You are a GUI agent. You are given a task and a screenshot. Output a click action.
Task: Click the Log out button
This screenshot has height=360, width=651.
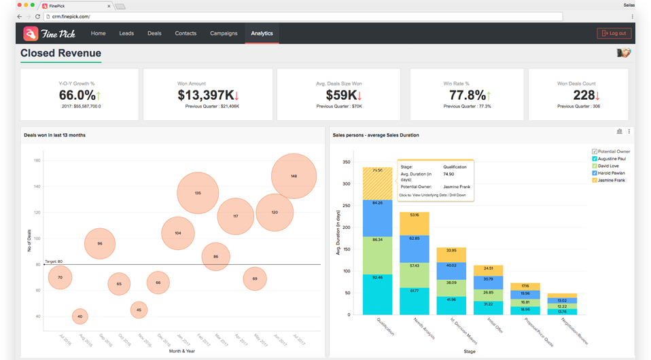point(614,33)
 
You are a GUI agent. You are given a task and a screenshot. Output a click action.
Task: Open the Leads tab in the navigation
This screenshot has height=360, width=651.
point(126,33)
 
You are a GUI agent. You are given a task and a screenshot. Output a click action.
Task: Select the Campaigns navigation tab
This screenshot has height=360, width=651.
point(224,33)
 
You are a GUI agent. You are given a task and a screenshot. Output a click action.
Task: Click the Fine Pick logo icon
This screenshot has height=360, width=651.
point(31,33)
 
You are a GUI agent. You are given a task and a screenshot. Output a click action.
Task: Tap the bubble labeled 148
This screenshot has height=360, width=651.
point(294,176)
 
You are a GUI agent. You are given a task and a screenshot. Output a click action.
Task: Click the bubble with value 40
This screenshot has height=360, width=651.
point(80,317)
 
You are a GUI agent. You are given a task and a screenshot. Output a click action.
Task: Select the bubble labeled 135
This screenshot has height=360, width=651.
point(198,193)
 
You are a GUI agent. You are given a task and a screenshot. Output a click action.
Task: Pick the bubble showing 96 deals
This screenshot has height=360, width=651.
point(100,243)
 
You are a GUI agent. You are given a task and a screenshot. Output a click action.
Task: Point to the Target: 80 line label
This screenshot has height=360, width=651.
point(54,261)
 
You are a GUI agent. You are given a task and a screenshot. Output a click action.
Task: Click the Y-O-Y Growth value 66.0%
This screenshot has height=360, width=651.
point(78,95)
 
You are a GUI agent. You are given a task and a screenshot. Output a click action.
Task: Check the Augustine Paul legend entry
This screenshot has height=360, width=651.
point(611,159)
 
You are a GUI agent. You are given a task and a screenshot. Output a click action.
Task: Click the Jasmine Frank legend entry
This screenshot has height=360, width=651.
point(611,181)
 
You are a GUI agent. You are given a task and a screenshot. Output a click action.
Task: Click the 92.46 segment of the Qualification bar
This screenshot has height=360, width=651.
point(377,295)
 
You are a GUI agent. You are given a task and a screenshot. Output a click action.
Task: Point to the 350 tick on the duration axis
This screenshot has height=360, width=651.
point(346,162)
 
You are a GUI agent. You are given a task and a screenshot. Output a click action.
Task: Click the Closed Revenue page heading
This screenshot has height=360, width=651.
point(60,53)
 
